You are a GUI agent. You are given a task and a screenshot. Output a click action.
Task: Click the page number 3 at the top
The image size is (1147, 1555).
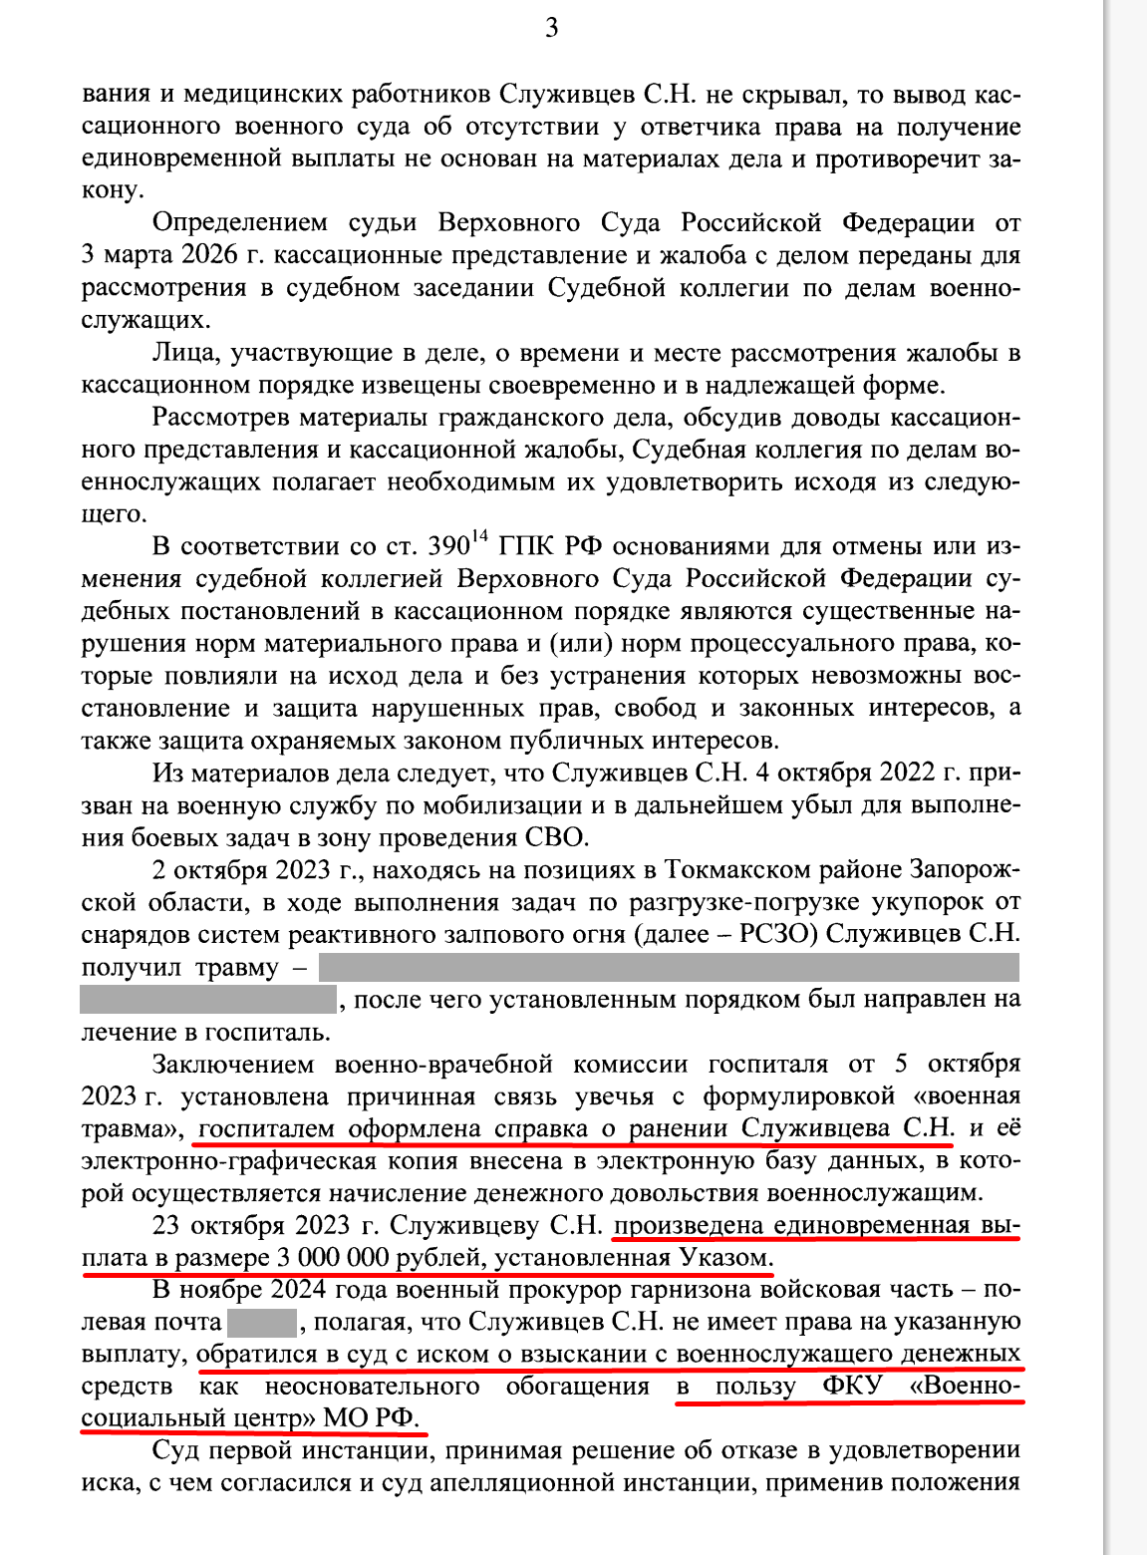pos(552,28)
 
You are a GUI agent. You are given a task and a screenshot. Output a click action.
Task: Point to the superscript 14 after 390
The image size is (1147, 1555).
pos(480,537)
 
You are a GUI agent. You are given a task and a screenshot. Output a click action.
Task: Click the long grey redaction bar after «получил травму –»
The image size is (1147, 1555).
pos(669,967)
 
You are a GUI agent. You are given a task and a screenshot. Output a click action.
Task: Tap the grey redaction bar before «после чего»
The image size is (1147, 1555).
pos(208,999)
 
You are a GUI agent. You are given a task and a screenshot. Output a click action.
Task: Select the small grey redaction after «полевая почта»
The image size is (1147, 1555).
pos(262,1323)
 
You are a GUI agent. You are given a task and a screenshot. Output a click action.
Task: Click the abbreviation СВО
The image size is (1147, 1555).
pos(555,837)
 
